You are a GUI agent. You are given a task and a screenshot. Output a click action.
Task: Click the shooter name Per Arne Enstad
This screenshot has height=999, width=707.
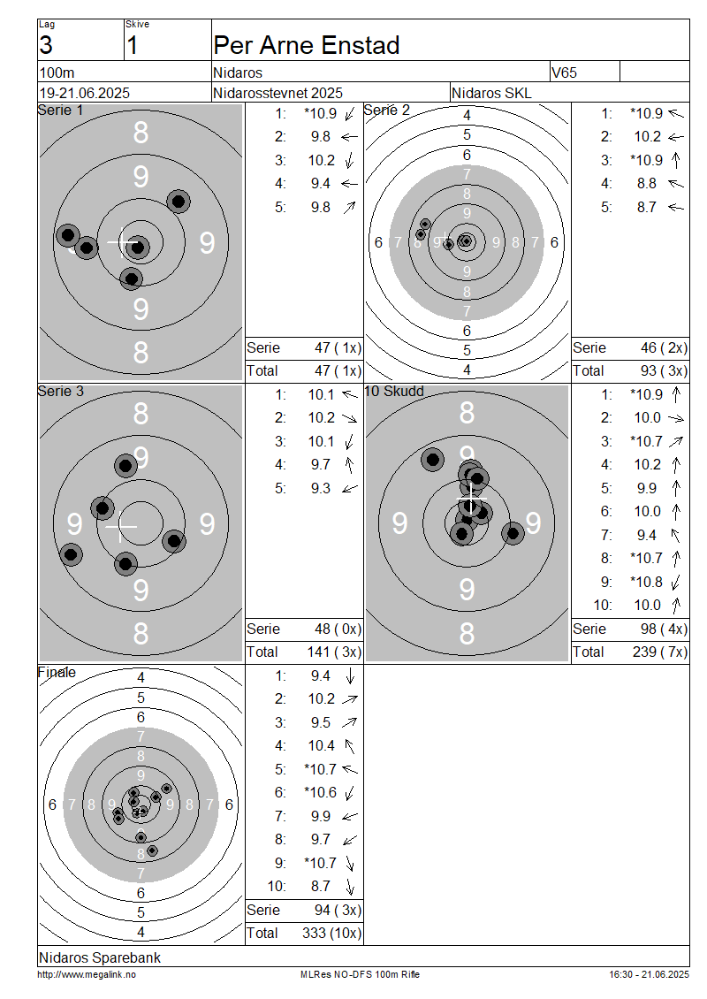307,45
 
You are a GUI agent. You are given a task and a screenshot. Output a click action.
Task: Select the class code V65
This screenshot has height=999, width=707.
565,72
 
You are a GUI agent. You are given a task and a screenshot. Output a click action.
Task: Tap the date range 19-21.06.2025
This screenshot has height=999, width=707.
85,93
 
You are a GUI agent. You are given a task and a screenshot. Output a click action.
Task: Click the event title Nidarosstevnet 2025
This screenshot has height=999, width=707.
277,93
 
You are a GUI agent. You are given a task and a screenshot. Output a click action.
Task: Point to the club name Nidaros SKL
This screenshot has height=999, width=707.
491,93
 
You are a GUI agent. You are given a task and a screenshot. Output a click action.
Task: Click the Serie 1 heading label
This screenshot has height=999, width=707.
60,111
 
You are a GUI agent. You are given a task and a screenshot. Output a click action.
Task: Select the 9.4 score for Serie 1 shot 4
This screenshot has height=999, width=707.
321,184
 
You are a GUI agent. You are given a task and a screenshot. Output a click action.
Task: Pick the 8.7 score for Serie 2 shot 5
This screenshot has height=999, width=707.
647,207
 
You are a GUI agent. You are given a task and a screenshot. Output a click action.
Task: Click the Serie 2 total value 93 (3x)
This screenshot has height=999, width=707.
664,370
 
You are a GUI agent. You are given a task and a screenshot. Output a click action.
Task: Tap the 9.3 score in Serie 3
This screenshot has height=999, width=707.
321,488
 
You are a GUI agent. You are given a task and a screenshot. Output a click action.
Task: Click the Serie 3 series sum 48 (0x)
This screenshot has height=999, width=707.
338,629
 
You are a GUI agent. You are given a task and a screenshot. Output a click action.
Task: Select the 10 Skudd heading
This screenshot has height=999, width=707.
394,391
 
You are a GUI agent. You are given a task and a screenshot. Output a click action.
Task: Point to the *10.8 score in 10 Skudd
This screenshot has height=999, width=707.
646,582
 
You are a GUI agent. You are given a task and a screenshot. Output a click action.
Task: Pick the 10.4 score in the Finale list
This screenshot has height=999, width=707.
322,745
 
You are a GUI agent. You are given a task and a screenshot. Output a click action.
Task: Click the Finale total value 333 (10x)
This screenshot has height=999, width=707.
331,933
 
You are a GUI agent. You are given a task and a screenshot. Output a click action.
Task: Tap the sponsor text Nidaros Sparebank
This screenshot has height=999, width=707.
100,957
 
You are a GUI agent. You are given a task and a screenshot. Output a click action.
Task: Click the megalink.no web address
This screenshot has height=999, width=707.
87,974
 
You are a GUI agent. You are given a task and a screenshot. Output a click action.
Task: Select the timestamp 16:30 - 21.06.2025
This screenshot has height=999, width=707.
649,974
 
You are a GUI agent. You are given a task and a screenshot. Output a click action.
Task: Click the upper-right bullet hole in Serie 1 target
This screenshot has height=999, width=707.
179,202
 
